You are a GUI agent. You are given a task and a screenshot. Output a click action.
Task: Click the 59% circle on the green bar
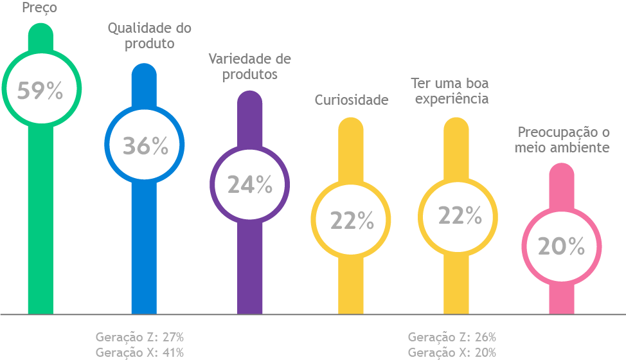[40, 91]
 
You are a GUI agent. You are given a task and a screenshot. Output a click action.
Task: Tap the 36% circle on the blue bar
[145, 145]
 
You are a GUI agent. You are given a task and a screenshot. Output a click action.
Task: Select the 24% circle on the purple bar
[250, 184]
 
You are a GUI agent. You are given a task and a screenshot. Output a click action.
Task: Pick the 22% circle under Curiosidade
[351, 220]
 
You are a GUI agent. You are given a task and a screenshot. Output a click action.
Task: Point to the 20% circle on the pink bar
[561, 246]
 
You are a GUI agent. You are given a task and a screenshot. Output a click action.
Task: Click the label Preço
[39, 8]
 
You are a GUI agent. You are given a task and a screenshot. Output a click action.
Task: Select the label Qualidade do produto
[150, 36]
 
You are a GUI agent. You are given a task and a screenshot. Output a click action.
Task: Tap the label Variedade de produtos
[250, 66]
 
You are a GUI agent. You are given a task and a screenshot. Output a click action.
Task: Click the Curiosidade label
[352, 100]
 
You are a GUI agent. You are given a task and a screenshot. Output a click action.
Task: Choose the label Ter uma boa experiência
[450, 91]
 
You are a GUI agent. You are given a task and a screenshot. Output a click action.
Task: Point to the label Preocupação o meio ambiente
[564, 139]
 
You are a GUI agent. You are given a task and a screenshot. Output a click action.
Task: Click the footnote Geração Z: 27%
[139, 337]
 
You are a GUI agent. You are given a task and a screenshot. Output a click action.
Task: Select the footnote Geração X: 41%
[139, 352]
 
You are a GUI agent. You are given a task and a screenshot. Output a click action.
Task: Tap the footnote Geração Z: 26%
[452, 337]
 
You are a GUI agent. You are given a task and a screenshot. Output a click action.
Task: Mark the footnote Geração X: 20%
[452, 352]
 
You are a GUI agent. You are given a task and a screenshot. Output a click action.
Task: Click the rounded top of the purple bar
[250, 100]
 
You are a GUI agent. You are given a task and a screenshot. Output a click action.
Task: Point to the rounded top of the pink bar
[562, 172]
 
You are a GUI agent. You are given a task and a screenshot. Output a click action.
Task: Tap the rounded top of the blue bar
[144, 72]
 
